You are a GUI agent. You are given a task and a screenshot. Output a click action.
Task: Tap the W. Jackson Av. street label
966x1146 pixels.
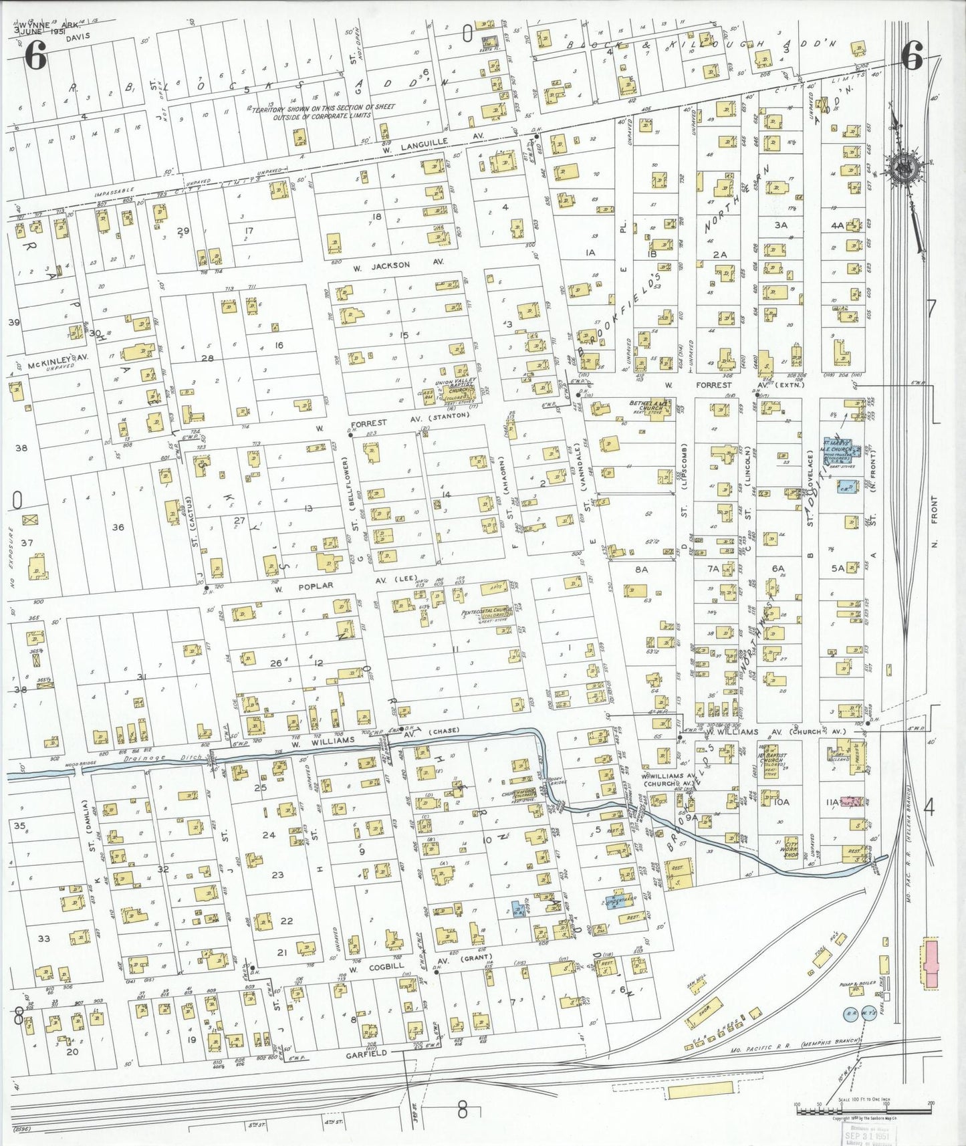click(x=390, y=265)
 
